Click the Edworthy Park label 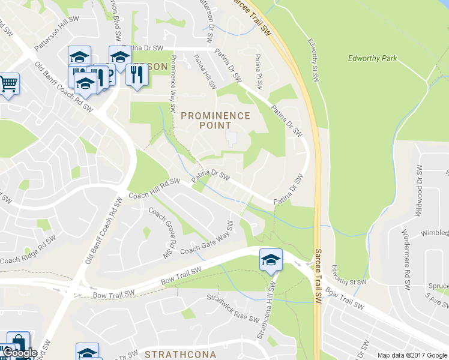tap(372, 58)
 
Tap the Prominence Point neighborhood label tap(215, 120)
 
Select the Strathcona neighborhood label tap(180, 354)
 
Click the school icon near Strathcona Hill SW tap(271, 260)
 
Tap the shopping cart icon tap(8, 84)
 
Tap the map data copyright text tap(412, 355)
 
